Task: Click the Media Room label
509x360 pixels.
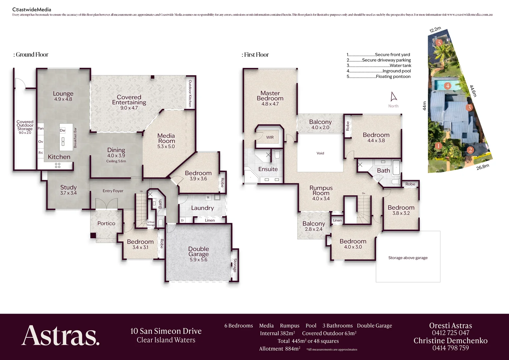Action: point(166,138)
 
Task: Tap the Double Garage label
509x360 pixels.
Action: point(199,251)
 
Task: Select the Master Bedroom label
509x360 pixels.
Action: point(270,96)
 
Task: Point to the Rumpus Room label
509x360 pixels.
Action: point(321,190)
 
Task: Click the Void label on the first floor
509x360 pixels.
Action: point(320,153)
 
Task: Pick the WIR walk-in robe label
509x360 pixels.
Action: point(270,137)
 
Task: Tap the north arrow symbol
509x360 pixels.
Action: point(394,97)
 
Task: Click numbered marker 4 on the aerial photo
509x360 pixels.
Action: point(448,86)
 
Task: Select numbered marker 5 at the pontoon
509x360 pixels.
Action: point(439,43)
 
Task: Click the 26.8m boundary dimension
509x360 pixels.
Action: point(482,167)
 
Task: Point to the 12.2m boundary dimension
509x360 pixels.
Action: point(435,30)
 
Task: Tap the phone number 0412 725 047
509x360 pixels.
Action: point(450,333)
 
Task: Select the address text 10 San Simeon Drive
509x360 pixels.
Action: point(166,331)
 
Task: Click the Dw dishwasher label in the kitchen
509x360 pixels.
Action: point(62,130)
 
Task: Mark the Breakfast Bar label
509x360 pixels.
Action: point(75,138)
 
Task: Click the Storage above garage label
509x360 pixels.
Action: point(408,258)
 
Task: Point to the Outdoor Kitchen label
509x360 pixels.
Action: point(190,93)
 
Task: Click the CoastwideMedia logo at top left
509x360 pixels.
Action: point(32,9)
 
